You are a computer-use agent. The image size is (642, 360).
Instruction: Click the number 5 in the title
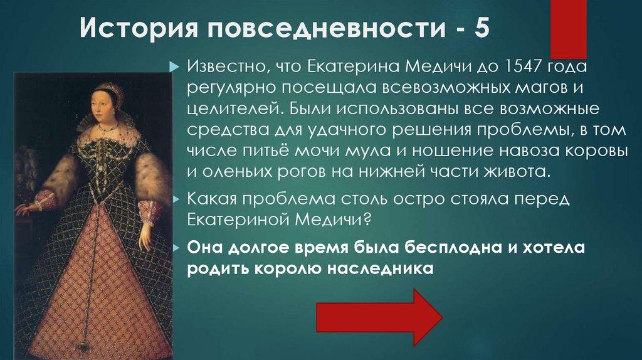(481, 30)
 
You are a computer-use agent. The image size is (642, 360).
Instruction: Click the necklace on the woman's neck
(107, 127)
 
